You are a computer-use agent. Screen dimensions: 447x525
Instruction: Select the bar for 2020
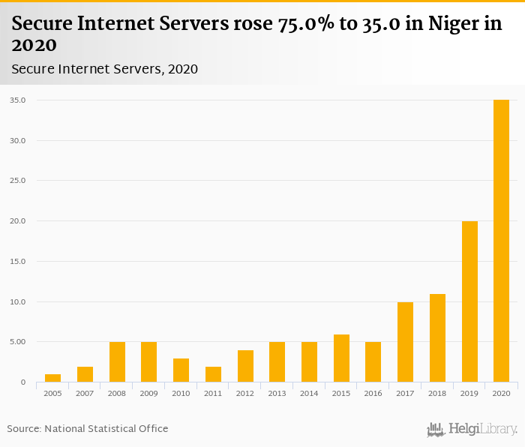(501, 241)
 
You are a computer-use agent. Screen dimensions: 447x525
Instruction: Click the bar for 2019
(469, 301)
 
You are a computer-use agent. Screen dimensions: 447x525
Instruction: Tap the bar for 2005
(52, 378)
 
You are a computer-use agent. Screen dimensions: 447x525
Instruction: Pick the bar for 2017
(405, 342)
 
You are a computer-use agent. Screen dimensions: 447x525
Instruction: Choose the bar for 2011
(213, 374)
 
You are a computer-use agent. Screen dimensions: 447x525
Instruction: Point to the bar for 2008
(117, 362)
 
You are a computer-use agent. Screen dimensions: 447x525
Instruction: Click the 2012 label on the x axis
(245, 393)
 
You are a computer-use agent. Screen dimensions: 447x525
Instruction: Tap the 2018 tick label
(437, 393)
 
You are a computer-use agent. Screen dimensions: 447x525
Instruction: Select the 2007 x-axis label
(85, 393)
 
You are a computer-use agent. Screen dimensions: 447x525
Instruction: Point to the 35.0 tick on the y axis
(17, 100)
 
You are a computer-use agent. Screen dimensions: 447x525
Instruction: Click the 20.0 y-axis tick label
(17, 221)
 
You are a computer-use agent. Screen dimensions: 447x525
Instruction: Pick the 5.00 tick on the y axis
(17, 342)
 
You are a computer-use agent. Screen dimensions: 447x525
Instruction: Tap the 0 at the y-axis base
(23, 382)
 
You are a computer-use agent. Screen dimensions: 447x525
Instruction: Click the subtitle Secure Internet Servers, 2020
(104, 69)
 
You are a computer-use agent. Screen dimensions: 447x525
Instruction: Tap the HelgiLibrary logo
(472, 429)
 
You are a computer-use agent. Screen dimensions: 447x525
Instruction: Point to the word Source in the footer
(23, 428)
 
